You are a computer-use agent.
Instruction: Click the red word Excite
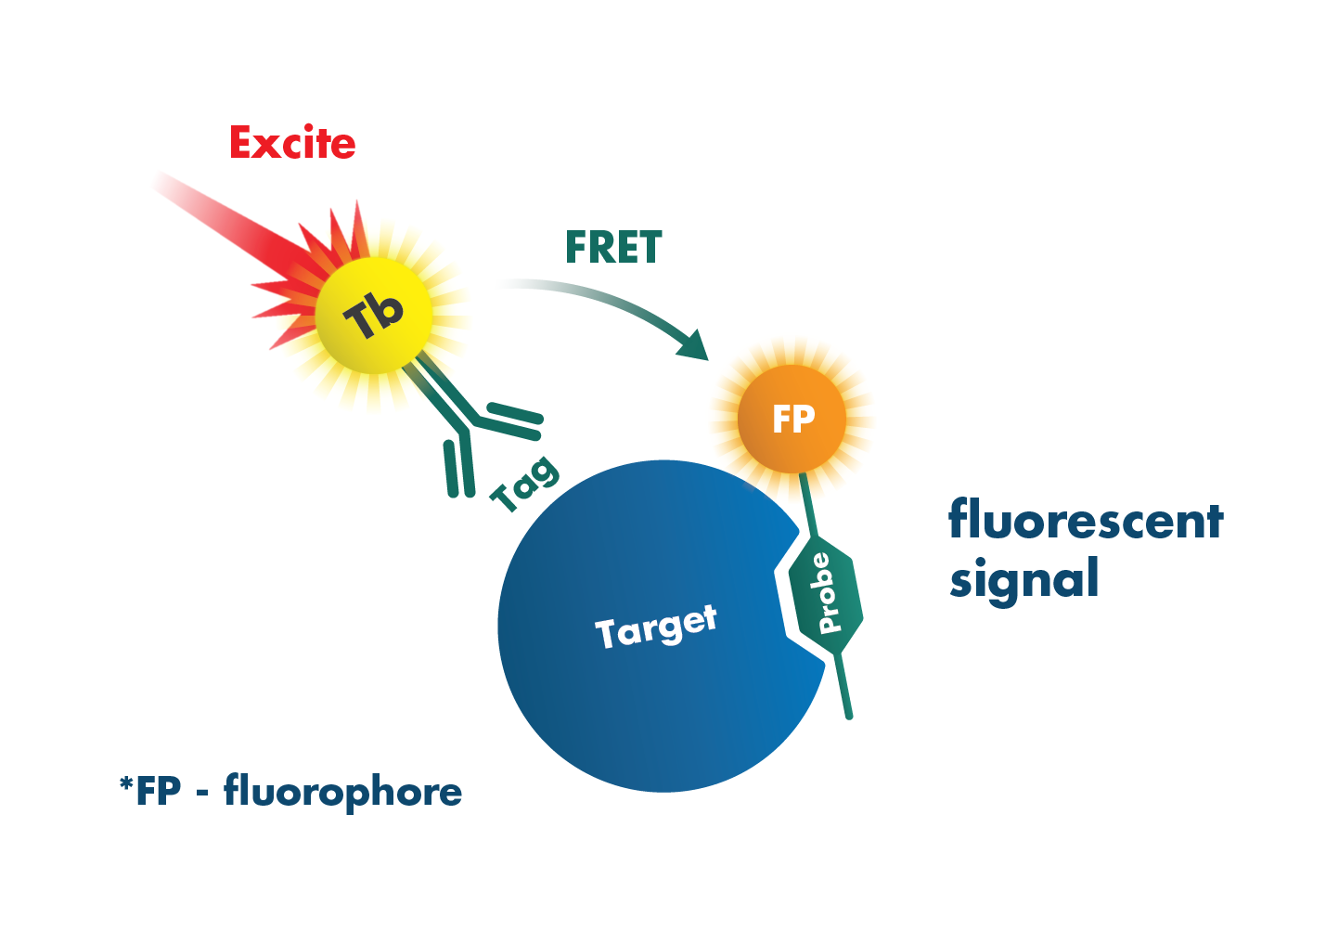click(292, 144)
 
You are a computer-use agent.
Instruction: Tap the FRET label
click(613, 248)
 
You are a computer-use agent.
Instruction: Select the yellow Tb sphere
click(374, 316)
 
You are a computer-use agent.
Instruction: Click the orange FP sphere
click(792, 419)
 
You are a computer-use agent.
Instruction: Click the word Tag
click(525, 483)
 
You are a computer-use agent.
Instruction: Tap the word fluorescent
click(1086, 521)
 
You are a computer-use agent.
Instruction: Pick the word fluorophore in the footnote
click(342, 792)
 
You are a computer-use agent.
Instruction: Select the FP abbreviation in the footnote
click(159, 792)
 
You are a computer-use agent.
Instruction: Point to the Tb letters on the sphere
click(374, 316)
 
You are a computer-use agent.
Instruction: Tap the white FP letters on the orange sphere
click(793, 420)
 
